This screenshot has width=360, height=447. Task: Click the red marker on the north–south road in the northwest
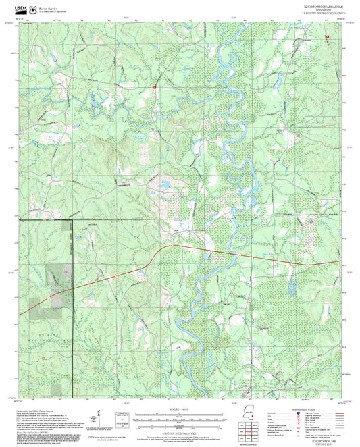click(154, 87)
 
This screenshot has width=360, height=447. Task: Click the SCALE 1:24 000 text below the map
click(179, 409)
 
